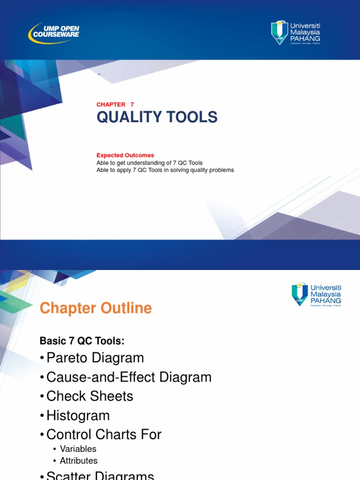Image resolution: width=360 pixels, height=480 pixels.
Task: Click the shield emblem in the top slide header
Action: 279,32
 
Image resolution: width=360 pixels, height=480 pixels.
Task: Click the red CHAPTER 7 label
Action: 115,105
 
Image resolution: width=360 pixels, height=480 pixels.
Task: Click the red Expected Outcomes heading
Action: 125,155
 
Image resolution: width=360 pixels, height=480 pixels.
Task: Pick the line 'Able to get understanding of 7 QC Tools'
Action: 150,163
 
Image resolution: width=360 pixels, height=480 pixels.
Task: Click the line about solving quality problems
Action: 165,170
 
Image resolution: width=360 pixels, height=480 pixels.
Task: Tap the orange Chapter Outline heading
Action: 96,308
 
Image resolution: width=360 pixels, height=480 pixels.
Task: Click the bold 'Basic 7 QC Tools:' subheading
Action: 82,341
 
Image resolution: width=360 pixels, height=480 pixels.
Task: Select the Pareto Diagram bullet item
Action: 95,358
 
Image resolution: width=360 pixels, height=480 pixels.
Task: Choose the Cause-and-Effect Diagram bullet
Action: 128,377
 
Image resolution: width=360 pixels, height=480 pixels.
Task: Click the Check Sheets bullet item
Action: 90,397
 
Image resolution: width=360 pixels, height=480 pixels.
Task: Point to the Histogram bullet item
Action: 78,416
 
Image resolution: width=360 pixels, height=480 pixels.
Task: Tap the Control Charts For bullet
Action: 104,435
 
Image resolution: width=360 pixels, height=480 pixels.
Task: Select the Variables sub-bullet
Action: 78,449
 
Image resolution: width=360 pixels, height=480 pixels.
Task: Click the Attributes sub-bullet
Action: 78,461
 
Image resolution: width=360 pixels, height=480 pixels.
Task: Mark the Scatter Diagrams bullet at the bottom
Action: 100,475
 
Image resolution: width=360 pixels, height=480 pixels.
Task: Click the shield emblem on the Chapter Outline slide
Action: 300,294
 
